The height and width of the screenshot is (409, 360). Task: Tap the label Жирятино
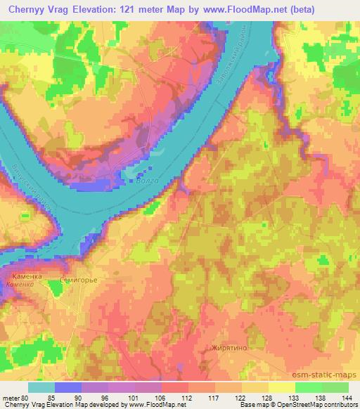228,348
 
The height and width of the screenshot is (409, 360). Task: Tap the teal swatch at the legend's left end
41,387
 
